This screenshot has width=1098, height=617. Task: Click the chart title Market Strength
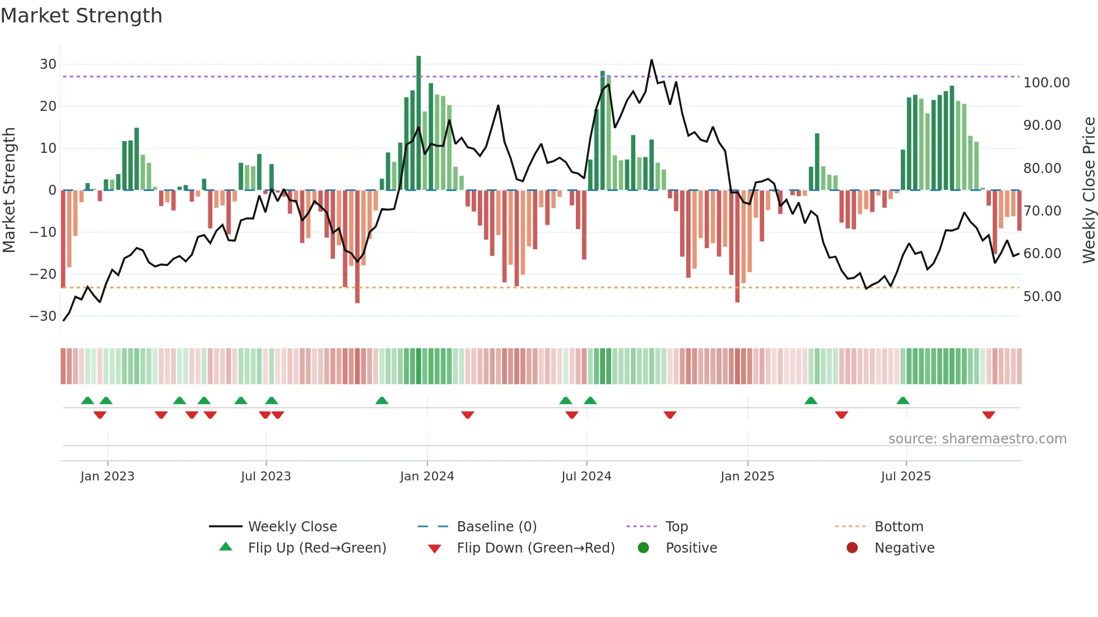click(81, 16)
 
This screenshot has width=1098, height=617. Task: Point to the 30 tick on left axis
click(48, 64)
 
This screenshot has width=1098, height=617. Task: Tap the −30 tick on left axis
click(43, 316)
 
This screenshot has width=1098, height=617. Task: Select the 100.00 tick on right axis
click(1046, 83)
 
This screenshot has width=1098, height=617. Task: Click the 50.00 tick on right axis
click(1042, 297)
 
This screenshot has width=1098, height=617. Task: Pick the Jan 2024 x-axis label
click(427, 476)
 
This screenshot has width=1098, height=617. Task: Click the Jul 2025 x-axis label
click(906, 476)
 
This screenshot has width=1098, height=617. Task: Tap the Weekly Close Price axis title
click(1088, 190)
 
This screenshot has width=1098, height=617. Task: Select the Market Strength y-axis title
click(9, 190)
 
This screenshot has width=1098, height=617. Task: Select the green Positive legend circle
click(643, 548)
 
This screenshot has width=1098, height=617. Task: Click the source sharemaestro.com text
click(977, 439)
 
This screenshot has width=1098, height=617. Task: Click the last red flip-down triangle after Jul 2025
click(988, 415)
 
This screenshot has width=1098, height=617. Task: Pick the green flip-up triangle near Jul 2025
click(902, 400)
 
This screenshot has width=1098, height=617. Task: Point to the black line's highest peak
click(652, 60)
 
